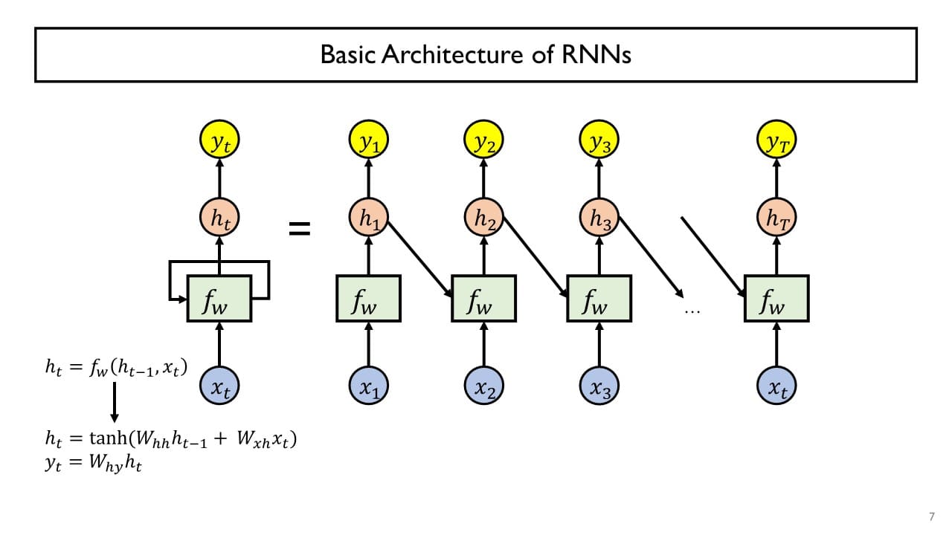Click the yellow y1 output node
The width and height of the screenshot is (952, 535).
click(369, 141)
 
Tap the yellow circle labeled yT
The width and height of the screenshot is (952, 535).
click(776, 141)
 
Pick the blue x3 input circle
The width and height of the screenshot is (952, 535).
click(599, 386)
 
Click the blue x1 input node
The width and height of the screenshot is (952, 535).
click(369, 386)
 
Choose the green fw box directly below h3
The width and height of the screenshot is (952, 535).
click(599, 299)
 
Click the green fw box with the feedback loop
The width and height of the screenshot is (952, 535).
click(219, 299)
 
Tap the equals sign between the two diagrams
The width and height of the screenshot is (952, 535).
click(299, 230)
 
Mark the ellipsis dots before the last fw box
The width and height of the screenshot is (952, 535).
click(692, 311)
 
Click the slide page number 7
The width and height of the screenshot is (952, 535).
click(931, 516)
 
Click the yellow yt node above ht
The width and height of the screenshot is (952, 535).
click(219, 141)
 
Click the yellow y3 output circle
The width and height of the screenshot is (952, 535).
click(599, 141)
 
